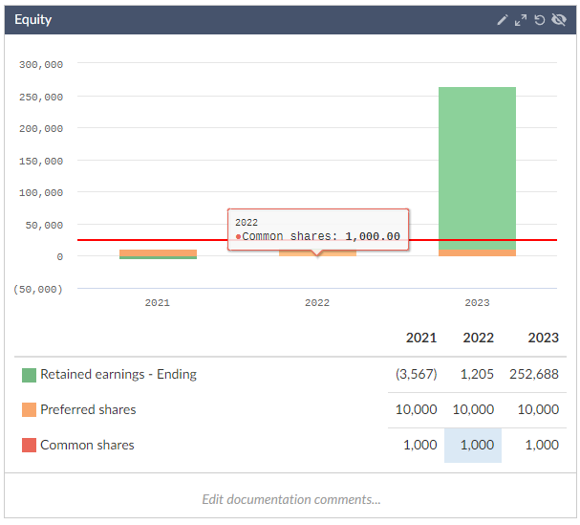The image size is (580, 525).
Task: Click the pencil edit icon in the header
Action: pyautogui.click(x=503, y=20)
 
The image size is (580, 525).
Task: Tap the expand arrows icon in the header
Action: pyautogui.click(x=521, y=20)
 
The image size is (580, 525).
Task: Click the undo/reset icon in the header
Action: pyautogui.click(x=540, y=20)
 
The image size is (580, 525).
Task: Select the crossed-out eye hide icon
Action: pyautogui.click(x=559, y=20)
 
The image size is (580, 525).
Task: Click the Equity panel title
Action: pyautogui.click(x=33, y=20)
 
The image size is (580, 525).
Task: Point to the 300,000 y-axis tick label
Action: pyautogui.click(x=41, y=65)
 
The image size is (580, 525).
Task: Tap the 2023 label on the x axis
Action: pyautogui.click(x=477, y=303)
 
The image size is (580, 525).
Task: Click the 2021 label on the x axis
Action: pyautogui.click(x=158, y=303)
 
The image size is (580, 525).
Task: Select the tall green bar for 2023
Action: pyautogui.click(x=477, y=167)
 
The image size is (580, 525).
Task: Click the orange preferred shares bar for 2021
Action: pyautogui.click(x=158, y=252)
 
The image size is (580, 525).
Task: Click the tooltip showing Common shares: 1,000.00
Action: pyautogui.click(x=318, y=230)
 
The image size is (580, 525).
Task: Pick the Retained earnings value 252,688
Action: pyautogui.click(x=535, y=374)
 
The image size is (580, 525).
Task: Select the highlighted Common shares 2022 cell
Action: pyautogui.click(x=473, y=445)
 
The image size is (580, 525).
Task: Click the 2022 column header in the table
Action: pyautogui.click(x=478, y=338)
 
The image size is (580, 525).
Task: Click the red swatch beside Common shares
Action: pyautogui.click(x=29, y=445)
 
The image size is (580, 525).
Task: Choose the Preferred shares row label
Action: pyautogui.click(x=88, y=409)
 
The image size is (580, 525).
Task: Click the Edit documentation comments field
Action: pyautogui.click(x=290, y=499)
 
